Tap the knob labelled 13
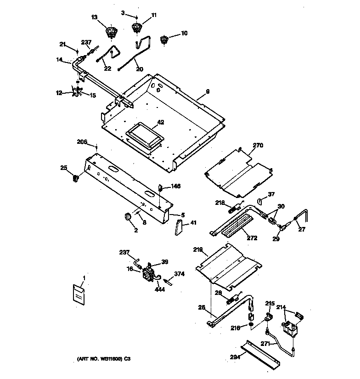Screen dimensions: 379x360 point(110,32)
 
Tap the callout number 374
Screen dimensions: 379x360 point(179,274)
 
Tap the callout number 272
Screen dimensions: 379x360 point(252,238)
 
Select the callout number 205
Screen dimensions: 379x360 point(82,142)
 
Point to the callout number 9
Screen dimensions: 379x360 point(208,92)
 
